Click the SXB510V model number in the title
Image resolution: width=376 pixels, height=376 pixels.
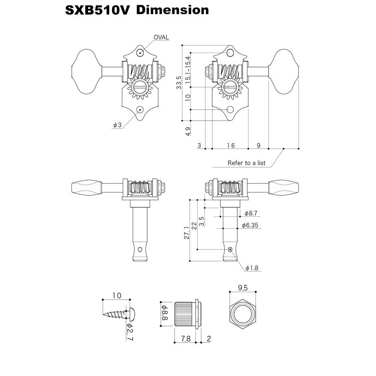tap(97, 10)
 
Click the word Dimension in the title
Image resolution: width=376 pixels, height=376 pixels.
tap(173, 10)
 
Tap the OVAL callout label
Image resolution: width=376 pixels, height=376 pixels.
tap(161, 37)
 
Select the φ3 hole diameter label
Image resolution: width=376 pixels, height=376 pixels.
tap(117, 125)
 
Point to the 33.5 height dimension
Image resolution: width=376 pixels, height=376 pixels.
tap(179, 83)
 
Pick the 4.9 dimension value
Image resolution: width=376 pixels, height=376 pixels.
tap(187, 131)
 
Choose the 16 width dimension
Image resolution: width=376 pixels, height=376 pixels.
tap(231, 145)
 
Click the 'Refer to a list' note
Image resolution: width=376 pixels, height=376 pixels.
tap(246, 163)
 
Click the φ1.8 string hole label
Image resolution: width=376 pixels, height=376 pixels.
tap(253, 268)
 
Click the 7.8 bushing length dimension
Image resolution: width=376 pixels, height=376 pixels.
tap(186, 338)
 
